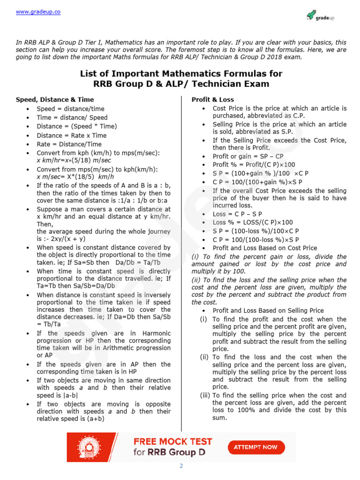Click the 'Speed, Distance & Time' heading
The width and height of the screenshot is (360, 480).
(55, 100)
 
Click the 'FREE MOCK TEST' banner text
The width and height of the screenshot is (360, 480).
(172, 442)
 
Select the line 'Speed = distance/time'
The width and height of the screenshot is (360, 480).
(70, 109)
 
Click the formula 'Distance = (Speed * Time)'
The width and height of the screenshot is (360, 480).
(77, 127)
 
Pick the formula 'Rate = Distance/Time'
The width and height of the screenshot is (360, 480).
(69, 144)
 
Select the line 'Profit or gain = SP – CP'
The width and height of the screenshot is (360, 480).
(248, 157)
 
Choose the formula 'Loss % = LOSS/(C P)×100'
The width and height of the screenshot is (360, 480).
(253, 222)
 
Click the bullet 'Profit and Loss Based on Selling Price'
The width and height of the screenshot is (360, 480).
(268, 310)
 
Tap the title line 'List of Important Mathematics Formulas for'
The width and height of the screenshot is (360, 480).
(181, 74)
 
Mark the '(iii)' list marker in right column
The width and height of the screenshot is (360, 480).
(205, 395)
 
